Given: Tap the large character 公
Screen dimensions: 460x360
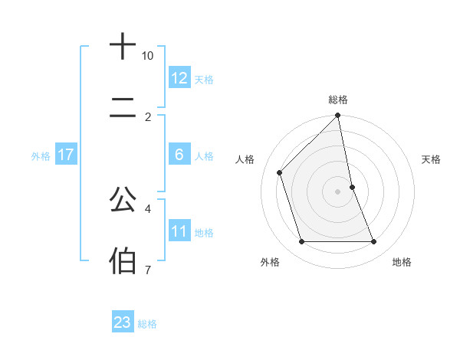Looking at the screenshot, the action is (123, 200).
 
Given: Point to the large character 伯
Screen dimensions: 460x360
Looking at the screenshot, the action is (123, 260).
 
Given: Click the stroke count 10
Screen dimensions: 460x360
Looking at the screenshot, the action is (148, 56).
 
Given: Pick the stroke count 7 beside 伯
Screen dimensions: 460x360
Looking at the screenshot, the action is (147, 270).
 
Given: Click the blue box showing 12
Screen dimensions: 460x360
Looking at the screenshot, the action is (179, 78).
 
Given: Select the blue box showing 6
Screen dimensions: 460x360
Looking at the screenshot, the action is (179, 155).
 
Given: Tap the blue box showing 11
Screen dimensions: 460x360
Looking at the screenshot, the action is (179, 231).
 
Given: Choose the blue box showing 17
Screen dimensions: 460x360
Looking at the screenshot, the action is (65, 155).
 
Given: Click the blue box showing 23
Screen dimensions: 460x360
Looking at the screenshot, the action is (123, 322).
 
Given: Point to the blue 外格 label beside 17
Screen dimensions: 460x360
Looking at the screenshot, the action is (41, 155).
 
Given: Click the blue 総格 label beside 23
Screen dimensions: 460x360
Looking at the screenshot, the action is (147, 323).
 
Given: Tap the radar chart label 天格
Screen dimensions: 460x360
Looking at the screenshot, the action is (432, 159).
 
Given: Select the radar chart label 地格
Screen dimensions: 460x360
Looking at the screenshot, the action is (402, 262).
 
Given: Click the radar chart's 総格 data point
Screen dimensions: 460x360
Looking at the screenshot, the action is (338, 116).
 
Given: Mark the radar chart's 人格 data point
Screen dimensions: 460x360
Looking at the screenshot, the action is (280, 172).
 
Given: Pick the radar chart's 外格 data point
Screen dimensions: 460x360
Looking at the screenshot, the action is (302, 242).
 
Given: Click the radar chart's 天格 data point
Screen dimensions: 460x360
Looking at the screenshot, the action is (353, 187).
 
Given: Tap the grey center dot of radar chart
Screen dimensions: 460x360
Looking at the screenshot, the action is (338, 191).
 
